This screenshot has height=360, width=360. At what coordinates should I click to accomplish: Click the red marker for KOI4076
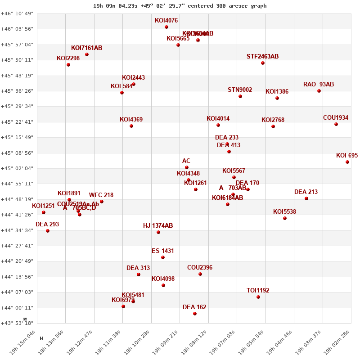coord(166,27)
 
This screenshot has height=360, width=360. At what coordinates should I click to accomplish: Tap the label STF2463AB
coord(262,57)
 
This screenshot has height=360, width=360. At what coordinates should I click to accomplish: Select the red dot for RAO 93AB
coord(319,91)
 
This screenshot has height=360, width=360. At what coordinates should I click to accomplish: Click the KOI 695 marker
coord(347,162)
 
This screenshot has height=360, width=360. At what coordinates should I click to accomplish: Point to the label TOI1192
coord(258,291)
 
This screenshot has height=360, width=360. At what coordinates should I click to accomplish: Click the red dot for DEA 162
coord(195,314)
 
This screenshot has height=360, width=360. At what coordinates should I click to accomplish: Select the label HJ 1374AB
coord(158,226)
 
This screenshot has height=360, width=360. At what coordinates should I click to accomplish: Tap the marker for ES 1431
coord(163,257)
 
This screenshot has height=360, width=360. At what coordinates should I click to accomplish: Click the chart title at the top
coord(180,6)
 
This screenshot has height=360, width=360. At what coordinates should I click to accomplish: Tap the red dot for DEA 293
coord(48,231)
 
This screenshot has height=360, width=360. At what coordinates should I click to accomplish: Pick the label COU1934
coord(336,118)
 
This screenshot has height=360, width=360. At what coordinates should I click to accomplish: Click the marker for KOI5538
coord(285,218)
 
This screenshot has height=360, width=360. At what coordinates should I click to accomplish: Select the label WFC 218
coord(101,195)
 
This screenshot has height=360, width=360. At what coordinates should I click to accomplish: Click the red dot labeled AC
coord(187,167)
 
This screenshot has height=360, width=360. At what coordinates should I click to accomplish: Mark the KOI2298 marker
coord(68,65)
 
